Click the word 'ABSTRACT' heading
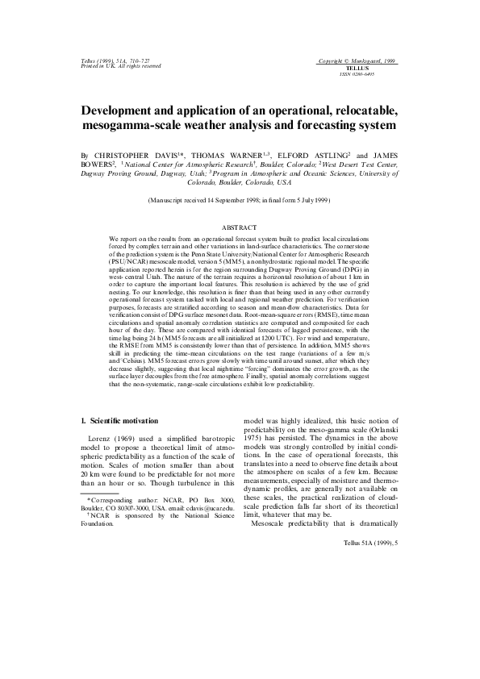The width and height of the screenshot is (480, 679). (x=240, y=228)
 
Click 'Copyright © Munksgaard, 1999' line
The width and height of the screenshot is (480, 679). (x=358, y=62)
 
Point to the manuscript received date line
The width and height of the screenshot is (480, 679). (x=240, y=200)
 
